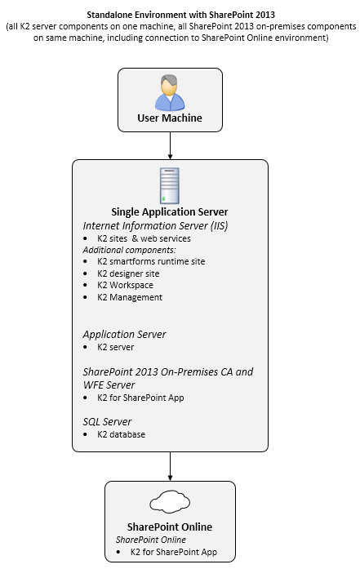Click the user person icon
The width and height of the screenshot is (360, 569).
tap(170, 92)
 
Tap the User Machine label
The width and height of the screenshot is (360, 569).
tap(170, 118)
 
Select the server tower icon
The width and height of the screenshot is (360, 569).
tap(170, 185)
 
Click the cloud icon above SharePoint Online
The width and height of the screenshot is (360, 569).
tap(170, 502)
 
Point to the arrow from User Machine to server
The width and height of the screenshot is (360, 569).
tap(170, 145)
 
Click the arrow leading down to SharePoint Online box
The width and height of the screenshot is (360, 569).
tap(170, 466)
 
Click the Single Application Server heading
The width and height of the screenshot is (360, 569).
tap(170, 212)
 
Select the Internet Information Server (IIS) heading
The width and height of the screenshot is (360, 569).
tap(155, 225)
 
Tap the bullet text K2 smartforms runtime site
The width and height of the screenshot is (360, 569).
tap(151, 261)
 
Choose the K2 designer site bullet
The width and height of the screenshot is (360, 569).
tap(128, 273)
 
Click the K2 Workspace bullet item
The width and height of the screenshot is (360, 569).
tap(125, 285)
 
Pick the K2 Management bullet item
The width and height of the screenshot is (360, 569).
tap(130, 297)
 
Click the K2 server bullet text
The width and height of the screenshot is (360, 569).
tap(115, 347)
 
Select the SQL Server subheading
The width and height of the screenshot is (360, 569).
tap(107, 422)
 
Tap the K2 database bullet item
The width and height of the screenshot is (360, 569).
tap(121, 434)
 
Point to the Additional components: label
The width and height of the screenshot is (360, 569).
tap(129, 250)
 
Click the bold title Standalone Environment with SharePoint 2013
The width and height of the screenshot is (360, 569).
tap(180, 15)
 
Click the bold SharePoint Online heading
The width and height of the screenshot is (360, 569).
tap(170, 527)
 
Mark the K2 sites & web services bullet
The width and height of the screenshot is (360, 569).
tap(144, 238)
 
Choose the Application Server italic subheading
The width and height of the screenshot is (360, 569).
tap(124, 334)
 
